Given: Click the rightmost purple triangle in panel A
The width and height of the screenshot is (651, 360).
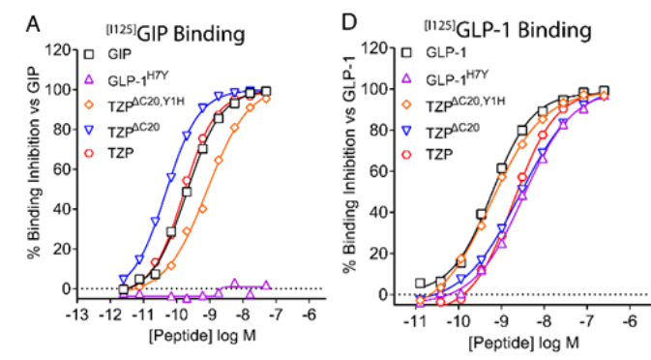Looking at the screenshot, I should [x=266, y=285].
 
